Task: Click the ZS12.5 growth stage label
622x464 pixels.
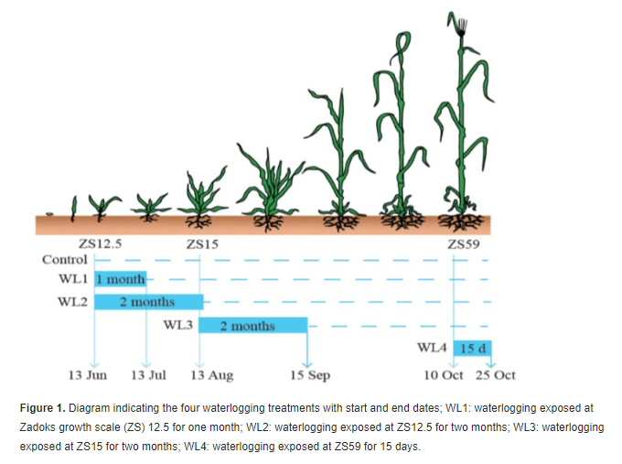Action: pos(101,244)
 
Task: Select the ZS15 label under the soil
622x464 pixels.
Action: pos(201,244)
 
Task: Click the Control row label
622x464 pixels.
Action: pos(65,259)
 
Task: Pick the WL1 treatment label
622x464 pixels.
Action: pos(73,279)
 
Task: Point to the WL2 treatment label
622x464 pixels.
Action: pos(73,302)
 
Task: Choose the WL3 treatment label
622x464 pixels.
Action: pos(178,325)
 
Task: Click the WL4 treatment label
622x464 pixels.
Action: pos(432,348)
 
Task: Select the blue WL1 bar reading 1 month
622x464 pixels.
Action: pos(121,279)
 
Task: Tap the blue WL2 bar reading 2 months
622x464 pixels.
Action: pos(148,302)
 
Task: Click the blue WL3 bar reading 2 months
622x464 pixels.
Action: pos(252,325)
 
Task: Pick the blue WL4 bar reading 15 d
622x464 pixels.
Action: pos(473,348)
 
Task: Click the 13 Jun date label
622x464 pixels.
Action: pos(89,375)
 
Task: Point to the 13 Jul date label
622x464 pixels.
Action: pos(148,375)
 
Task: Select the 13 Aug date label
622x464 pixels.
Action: pos(211,375)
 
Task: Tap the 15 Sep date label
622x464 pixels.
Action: pos(310,375)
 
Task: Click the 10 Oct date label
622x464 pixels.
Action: pos(442,375)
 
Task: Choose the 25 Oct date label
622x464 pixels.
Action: pos(495,375)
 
